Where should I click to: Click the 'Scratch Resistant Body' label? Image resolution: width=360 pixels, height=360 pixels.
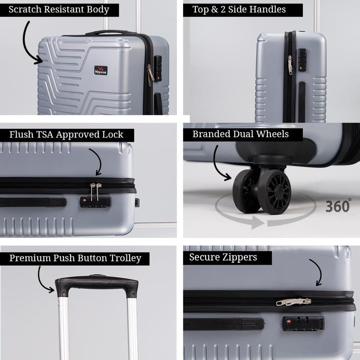pyautogui.click(x=58, y=9)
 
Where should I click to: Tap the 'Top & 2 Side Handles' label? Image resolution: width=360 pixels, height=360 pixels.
pyautogui.click(x=239, y=9)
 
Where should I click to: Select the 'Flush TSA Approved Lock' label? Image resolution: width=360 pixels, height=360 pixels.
pyautogui.click(x=66, y=134)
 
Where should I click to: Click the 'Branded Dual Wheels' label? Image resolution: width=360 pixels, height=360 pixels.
pyautogui.click(x=241, y=134)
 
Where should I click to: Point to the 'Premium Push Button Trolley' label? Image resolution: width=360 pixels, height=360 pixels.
pyautogui.click(x=75, y=258)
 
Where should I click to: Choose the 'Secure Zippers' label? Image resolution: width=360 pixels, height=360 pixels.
pyautogui.click(x=223, y=257)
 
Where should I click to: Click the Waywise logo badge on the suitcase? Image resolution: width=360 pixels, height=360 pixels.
pyautogui.click(x=101, y=70)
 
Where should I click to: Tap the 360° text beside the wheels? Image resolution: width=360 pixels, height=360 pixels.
pyautogui.click(x=338, y=205)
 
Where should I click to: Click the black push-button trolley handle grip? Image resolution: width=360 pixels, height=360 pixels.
pyautogui.click(x=96, y=285)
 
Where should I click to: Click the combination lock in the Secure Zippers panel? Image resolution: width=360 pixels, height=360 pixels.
pyautogui.click(x=303, y=323)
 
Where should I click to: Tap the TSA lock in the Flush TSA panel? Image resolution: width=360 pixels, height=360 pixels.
pyautogui.click(x=95, y=202)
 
